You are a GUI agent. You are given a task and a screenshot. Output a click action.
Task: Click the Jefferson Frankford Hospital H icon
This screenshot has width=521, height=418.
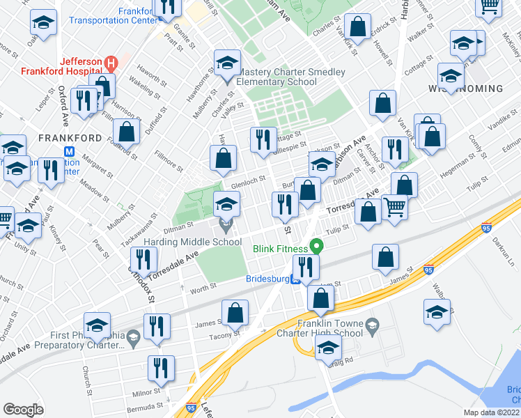(109, 64)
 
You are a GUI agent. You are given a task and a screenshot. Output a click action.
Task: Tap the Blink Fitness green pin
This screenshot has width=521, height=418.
(317, 247)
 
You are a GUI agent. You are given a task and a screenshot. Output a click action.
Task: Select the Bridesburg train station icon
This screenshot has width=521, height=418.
(295, 281)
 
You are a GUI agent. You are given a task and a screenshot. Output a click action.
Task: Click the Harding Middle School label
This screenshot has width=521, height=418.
(192, 242)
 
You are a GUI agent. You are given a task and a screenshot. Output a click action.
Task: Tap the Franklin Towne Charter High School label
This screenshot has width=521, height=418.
(330, 327)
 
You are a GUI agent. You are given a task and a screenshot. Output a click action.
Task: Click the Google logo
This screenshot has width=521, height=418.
(24, 409)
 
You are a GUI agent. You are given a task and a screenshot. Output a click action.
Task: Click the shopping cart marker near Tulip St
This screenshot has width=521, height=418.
(394, 206)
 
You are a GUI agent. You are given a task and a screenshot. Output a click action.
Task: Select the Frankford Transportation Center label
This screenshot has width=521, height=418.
(113, 16)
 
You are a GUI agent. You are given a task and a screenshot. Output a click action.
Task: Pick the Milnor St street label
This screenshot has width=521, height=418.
(146, 393)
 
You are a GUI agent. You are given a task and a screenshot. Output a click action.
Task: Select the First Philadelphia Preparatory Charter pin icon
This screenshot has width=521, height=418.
(134, 339)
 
